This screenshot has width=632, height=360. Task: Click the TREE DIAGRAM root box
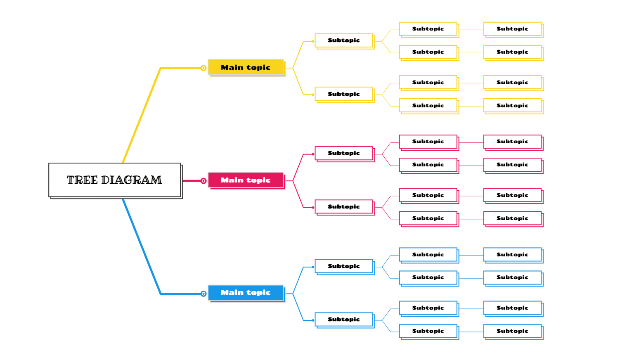(x=114, y=180)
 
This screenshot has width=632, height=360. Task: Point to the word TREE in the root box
(x=82, y=180)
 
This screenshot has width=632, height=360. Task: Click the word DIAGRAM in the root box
(x=131, y=180)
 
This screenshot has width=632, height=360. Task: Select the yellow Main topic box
(x=246, y=67)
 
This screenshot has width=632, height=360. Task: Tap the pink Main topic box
(x=246, y=180)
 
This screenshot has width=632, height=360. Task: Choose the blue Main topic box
(x=246, y=292)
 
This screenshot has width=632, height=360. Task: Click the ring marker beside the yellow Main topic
(x=204, y=68)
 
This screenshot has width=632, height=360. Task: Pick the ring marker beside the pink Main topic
(x=204, y=181)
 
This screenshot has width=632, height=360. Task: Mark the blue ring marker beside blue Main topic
(x=204, y=294)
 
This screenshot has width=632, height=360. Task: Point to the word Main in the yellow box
(x=232, y=67)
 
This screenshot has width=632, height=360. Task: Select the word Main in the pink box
(x=232, y=180)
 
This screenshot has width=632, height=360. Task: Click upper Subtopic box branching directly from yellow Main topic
(x=343, y=40)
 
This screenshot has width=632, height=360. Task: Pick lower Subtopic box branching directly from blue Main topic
(x=343, y=320)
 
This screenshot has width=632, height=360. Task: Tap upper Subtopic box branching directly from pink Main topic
(x=343, y=153)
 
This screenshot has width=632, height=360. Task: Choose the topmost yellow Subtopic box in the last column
(x=512, y=29)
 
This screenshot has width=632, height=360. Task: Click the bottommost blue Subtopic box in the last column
(x=512, y=331)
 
